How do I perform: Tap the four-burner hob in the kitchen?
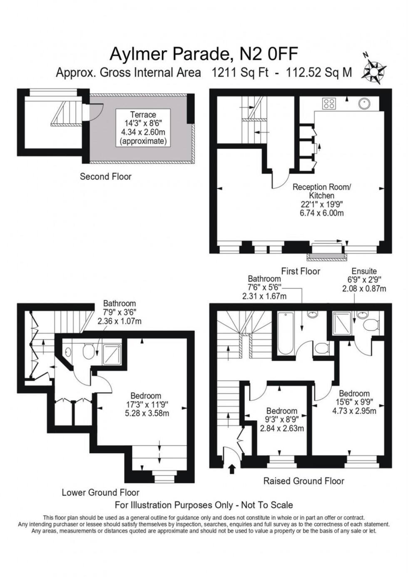click(x=329, y=103)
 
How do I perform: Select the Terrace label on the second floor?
click(x=143, y=115)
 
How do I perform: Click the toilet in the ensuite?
click(x=370, y=324)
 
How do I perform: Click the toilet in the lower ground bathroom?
click(x=88, y=352)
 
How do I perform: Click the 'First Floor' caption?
click(x=301, y=271)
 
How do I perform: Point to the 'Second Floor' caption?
click(x=105, y=177)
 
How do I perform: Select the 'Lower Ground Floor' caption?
click(x=100, y=492)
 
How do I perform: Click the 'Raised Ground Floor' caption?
click(x=304, y=481)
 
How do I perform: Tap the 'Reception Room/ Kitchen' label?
click(x=321, y=191)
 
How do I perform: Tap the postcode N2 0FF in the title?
click(x=268, y=54)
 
